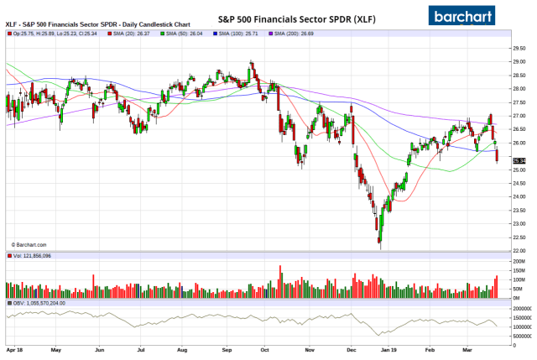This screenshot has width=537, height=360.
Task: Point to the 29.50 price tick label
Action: (518, 48)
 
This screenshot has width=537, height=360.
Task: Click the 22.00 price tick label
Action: (518, 250)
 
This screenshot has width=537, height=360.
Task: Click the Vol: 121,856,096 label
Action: (31, 256)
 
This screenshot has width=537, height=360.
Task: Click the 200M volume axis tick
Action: (519, 262)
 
